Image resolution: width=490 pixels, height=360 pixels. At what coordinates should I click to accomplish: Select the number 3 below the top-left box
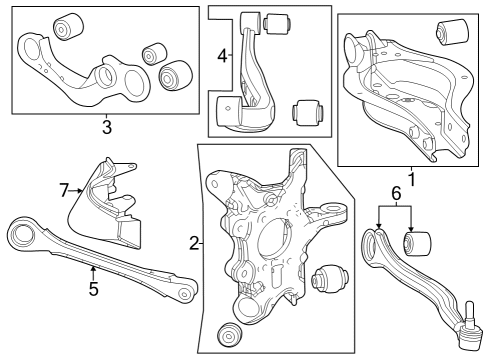(x=106, y=127)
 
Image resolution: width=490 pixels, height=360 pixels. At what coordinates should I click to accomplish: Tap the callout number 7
(x=64, y=187)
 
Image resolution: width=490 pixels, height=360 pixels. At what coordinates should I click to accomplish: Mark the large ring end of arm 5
(x=21, y=236)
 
